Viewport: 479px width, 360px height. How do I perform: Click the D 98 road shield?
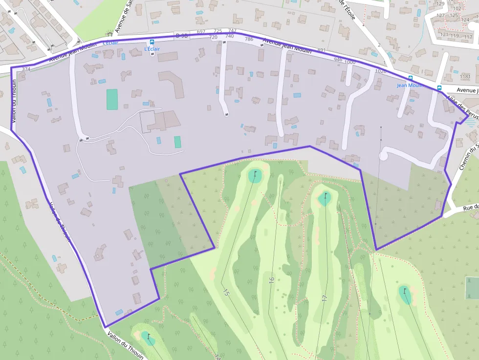tap(181, 35)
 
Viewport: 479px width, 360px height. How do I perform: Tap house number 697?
tap(201, 32)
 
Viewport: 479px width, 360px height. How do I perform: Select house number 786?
tap(249, 39)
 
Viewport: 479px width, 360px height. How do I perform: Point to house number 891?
tap(321, 50)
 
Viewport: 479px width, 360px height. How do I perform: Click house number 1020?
tap(380, 71)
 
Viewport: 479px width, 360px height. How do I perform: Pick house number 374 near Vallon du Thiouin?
tap(26, 69)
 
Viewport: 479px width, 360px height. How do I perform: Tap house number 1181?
tap(465, 77)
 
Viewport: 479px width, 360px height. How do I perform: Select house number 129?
tap(440, 4)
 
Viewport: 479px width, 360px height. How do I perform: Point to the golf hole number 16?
tap(272, 280)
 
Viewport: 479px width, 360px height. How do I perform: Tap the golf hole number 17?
tap(324, 297)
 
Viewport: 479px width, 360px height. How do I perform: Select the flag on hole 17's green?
tap(325, 196)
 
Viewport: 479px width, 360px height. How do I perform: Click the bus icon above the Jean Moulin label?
tap(410, 78)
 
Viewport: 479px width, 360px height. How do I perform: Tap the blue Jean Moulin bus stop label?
tap(410, 85)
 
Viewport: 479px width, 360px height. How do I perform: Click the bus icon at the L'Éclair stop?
tap(152, 42)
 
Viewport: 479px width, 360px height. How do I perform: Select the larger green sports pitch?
tap(112, 99)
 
